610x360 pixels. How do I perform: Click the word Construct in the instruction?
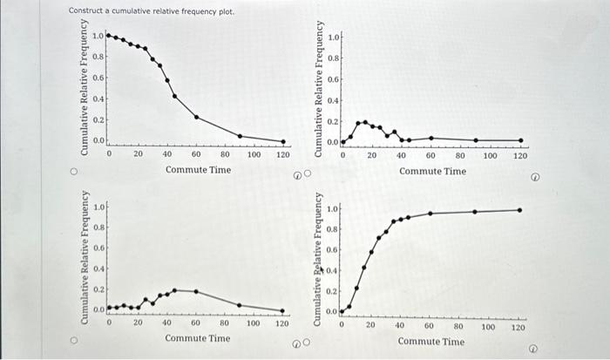[85, 11]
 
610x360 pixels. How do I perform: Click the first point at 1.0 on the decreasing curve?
[108, 36]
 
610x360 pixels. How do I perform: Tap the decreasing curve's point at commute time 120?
[283, 141]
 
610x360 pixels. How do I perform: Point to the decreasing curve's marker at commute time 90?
[240, 136]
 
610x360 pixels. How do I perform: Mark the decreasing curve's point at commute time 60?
[196, 117]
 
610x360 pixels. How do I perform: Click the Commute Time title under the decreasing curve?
[198, 170]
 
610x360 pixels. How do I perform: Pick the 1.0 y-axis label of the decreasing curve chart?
[98, 36]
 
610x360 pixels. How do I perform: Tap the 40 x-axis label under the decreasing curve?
[166, 154]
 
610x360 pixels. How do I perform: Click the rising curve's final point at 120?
[519, 209]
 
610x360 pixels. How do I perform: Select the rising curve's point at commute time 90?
[475, 211]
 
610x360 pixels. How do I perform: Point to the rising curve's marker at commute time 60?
[430, 214]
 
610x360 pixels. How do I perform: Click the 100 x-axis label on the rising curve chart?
[489, 327]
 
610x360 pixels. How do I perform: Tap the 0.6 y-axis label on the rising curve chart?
[332, 250]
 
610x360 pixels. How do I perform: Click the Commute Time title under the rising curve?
[431, 341]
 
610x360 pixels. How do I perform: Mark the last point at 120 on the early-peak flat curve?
[520, 140]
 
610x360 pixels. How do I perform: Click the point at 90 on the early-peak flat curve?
[476, 140]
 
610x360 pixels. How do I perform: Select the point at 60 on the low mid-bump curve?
[196, 291]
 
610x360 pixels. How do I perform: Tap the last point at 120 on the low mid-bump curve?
[283, 309]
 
